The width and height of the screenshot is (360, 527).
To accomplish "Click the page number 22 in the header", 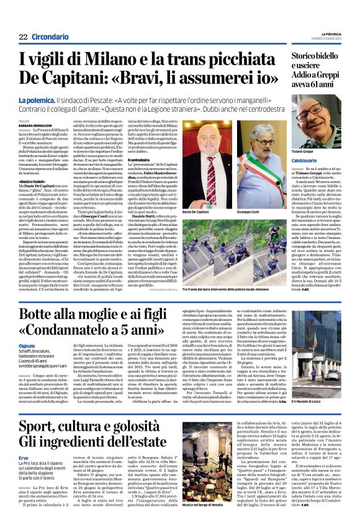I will coord(23,37).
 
